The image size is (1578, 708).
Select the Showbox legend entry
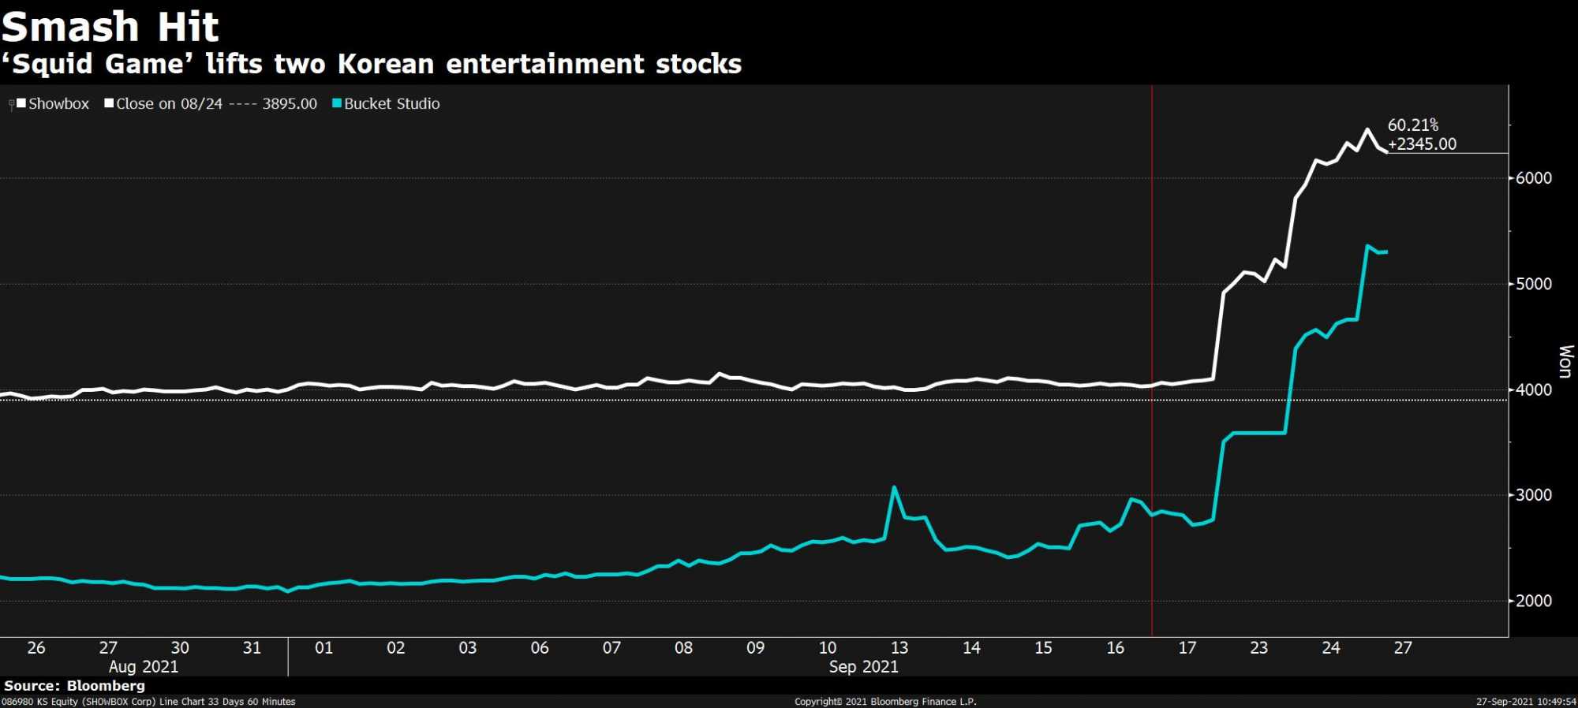(53, 104)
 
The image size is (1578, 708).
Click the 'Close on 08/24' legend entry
(211, 104)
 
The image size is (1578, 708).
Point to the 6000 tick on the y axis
(1534, 178)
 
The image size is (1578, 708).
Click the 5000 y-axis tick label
(1534, 284)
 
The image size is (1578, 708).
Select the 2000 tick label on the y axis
(1534, 601)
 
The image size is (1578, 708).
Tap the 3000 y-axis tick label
(1534, 495)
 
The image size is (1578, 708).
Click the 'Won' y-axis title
(1565, 361)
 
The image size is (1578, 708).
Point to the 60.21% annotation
(1413, 125)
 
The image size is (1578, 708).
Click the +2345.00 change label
(1422, 144)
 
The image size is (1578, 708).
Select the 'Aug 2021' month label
(144, 667)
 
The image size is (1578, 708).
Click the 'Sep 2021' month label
(863, 667)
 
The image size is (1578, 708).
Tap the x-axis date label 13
(899, 648)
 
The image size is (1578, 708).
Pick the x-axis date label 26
(36, 648)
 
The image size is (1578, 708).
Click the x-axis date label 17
(1187, 648)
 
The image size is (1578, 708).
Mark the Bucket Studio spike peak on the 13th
(894, 487)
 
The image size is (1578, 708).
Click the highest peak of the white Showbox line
(1367, 129)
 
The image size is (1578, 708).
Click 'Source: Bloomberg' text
(74, 686)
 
